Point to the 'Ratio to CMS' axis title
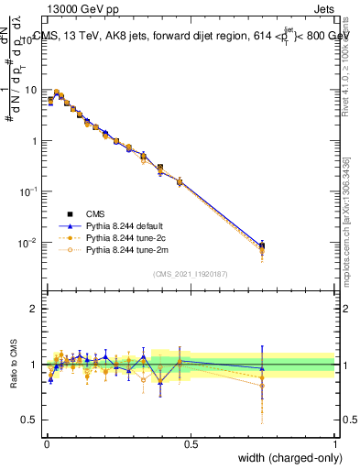tap(13, 365)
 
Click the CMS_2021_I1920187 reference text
tap(191, 274)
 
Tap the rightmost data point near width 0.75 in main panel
tap(263, 245)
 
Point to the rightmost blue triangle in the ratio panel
tap(263, 368)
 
